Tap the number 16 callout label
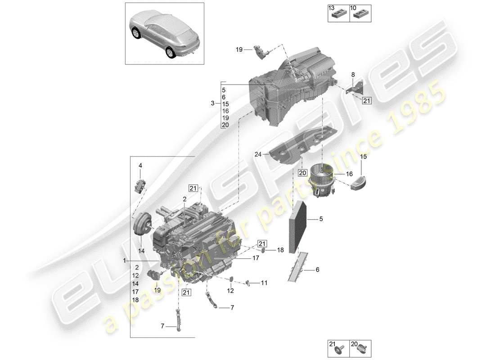coord(349,173)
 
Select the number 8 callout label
coord(353,75)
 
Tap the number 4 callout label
coord(140,166)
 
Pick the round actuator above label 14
coord(142,224)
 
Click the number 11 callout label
coord(264,283)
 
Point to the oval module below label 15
coord(362,184)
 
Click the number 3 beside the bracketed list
coord(212,103)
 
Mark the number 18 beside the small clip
coord(280,250)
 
